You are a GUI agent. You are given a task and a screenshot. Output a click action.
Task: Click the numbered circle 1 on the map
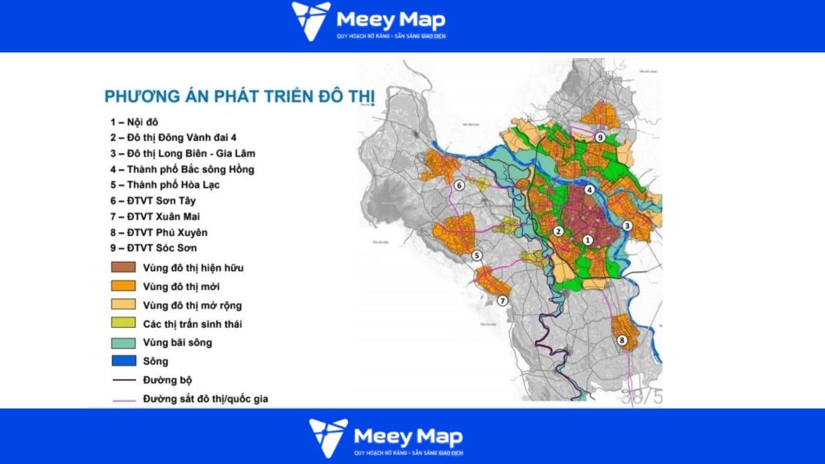pos(587,240)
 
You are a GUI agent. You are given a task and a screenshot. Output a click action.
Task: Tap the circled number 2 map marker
pos(557,232)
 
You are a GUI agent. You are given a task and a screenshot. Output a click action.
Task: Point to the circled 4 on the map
pos(590,190)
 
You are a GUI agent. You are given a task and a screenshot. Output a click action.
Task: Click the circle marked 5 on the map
pos(477,255)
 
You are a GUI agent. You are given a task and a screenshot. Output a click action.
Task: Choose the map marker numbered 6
pos(458,186)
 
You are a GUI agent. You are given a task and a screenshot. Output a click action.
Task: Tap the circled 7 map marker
pos(502,301)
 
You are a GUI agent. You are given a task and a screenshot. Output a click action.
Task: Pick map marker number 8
pos(621,341)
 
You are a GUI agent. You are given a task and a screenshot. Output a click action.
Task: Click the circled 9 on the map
pos(600,138)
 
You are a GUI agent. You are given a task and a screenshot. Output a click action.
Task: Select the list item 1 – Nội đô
pos(135,122)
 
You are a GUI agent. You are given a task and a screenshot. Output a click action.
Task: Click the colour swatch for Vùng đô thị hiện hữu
pos(122,267)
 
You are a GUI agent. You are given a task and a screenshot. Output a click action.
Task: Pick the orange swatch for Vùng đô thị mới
pos(122,286)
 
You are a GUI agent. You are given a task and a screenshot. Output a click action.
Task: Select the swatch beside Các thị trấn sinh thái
pos(122,324)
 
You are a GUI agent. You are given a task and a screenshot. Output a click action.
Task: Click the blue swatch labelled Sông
pos(122,362)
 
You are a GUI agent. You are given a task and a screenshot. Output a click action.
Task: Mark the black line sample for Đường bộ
pos(122,380)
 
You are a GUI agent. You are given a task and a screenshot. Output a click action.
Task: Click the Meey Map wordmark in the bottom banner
pos(409,437)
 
